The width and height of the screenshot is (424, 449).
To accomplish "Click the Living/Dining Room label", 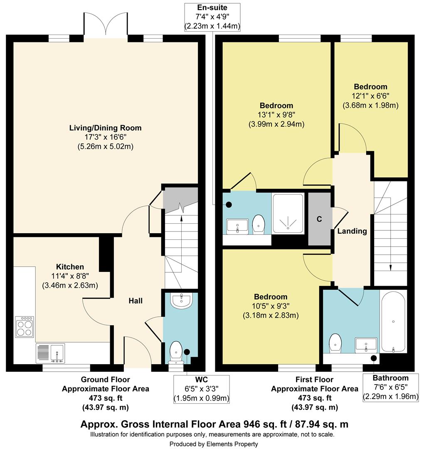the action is click(105, 128).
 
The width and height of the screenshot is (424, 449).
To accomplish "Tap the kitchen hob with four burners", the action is click(25, 327).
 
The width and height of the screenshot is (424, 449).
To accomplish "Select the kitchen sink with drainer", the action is click(50, 353).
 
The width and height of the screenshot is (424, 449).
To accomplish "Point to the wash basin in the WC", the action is click(181, 301).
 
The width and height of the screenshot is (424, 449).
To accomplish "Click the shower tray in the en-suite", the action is click(288, 213).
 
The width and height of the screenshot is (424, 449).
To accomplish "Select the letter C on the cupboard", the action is click(319, 219).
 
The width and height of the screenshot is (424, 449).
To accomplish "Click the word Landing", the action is click(352, 231).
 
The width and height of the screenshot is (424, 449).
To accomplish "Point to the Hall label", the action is click(136, 301).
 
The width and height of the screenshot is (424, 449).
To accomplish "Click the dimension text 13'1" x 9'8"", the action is click(276, 115).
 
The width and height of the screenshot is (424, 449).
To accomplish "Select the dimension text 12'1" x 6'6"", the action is click(370, 96).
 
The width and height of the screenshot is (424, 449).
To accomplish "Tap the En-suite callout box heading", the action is click(212, 7).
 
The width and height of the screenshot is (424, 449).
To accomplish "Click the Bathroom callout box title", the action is click(390, 378).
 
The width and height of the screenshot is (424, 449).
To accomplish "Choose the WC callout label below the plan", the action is click(201, 380).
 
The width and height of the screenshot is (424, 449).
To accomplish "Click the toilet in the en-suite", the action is click(259, 224).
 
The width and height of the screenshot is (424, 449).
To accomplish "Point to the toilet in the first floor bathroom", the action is click(335, 343).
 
